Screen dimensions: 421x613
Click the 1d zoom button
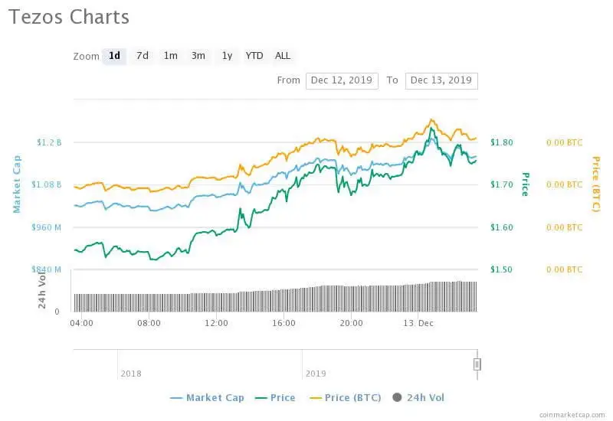pyautogui.click(x=114, y=56)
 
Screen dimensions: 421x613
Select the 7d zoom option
pyautogui.click(x=143, y=56)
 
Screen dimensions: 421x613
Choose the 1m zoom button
pyautogui.click(x=170, y=56)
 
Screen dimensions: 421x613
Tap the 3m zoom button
pyautogui.click(x=198, y=56)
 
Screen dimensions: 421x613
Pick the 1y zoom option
pyautogui.click(x=227, y=56)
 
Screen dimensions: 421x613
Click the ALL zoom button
pyautogui.click(x=283, y=56)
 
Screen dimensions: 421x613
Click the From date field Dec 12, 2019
pyautogui.click(x=341, y=80)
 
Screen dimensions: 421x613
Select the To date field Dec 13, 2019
pyautogui.click(x=441, y=80)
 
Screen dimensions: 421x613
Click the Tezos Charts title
pyautogui.click(x=69, y=18)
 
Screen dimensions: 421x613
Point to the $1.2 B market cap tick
pyautogui.click(x=49, y=142)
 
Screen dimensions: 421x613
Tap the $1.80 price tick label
pyautogui.click(x=502, y=142)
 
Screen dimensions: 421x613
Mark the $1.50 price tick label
pyautogui.click(x=502, y=269)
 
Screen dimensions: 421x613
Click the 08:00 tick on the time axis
pyautogui.click(x=149, y=323)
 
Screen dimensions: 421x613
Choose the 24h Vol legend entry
pyautogui.click(x=418, y=397)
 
